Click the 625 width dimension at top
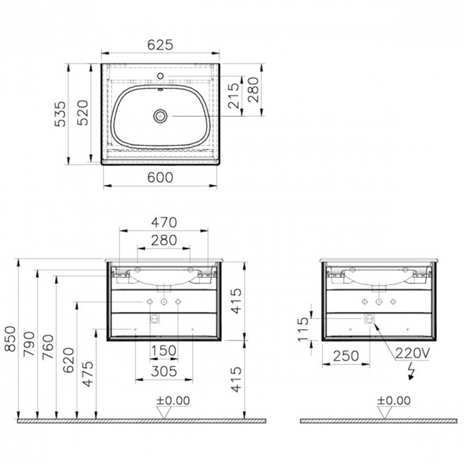[x=160, y=44]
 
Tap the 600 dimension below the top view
[x=160, y=177]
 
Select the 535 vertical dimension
[x=60, y=114]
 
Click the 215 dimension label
[x=233, y=95]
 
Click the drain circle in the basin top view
[x=160, y=116]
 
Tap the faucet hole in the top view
[x=160, y=76]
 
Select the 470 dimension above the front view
[x=164, y=223]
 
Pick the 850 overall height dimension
[x=10, y=339]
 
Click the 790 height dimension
[x=29, y=344]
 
